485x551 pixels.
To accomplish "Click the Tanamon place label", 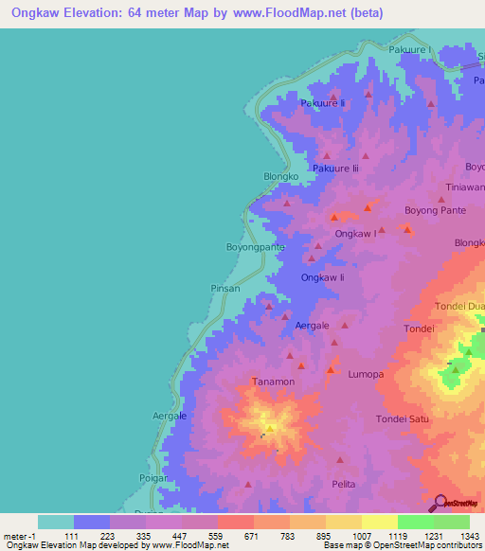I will (x=273, y=382).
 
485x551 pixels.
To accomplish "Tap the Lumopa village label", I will (x=365, y=375).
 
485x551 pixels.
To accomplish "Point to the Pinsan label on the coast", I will (x=225, y=288).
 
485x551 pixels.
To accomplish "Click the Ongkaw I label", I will (x=355, y=232).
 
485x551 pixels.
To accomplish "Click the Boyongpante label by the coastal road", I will (x=255, y=247).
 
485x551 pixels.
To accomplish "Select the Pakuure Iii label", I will (x=336, y=168).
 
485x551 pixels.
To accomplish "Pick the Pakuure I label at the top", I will (x=409, y=48).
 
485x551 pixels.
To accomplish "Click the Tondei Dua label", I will (x=459, y=307).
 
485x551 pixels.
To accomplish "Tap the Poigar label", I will (x=153, y=478).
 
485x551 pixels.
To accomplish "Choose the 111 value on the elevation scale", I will (x=91, y=535).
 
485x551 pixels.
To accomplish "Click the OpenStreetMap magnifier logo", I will (x=439, y=504).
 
